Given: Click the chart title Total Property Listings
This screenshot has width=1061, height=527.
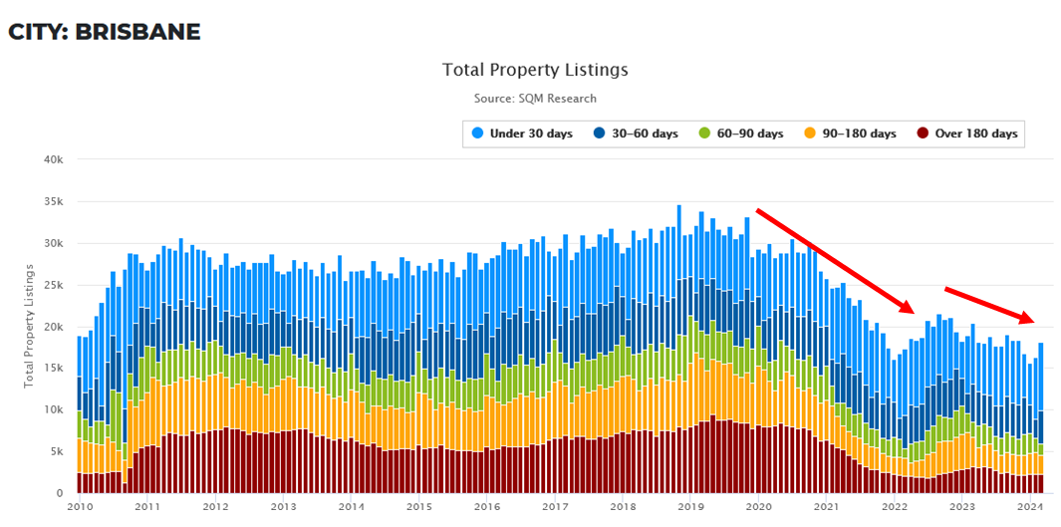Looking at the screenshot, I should coord(535,70).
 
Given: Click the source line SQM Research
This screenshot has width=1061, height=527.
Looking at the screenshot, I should coord(535,99).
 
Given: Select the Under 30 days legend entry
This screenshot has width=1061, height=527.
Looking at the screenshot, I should coord(523,133).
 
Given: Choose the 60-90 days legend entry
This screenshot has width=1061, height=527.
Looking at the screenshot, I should coord(741,133).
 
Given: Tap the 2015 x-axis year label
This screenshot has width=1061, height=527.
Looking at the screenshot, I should coord(418,506).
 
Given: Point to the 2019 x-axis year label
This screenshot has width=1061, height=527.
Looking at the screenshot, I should coord(691,506).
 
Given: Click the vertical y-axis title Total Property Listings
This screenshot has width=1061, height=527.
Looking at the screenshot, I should coord(30,326).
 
